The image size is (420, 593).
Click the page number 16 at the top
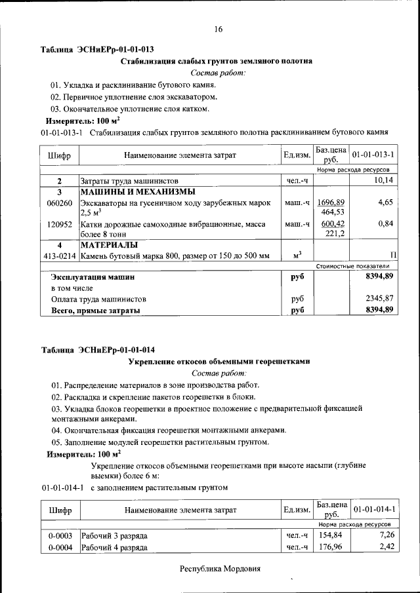click(218, 29)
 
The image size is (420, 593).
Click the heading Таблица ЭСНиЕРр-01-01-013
click(98, 50)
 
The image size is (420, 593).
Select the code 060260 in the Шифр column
click(60, 203)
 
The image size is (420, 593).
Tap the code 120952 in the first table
click(60, 224)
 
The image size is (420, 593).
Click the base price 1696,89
click(332, 202)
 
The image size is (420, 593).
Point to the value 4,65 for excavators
click(385, 203)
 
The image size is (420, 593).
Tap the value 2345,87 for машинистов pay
click(380, 299)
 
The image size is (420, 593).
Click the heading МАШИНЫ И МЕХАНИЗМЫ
click(138, 192)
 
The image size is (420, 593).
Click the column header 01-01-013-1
click(373, 155)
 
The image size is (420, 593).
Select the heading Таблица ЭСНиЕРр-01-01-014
click(98, 349)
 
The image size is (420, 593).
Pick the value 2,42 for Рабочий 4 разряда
click(385, 547)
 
